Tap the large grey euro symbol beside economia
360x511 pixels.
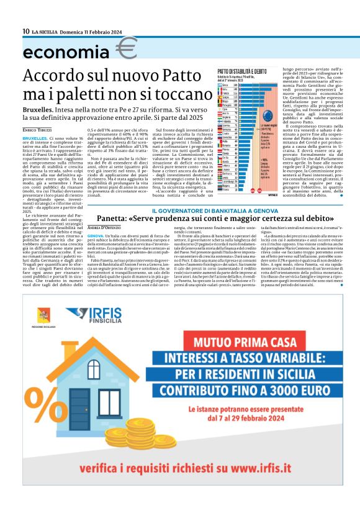[x=127, y=48]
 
